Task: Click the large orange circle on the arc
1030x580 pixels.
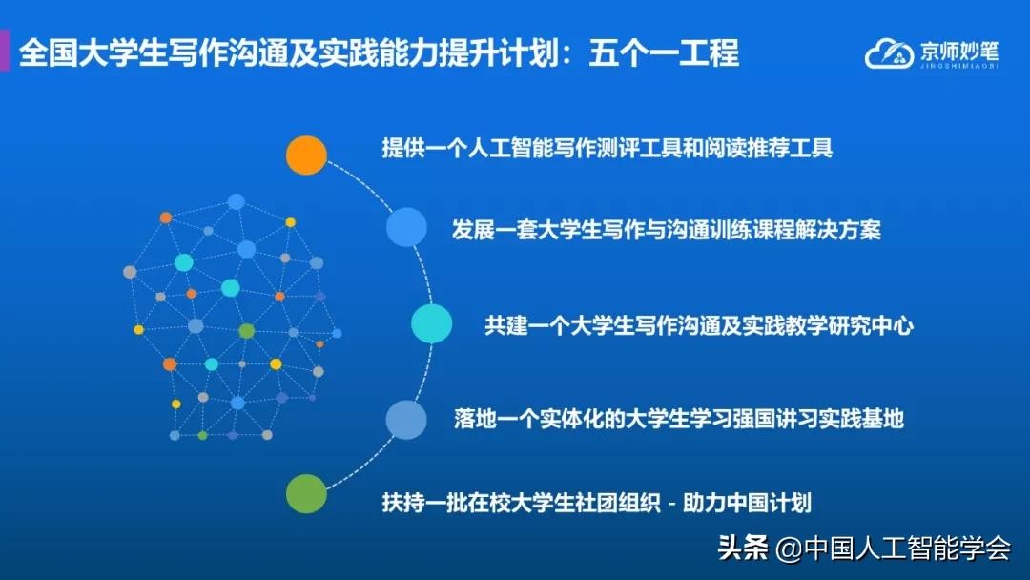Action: point(307,155)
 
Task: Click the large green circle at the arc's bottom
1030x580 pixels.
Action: point(307,493)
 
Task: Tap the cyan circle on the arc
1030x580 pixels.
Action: point(431,324)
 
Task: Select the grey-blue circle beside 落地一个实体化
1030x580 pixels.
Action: point(406,420)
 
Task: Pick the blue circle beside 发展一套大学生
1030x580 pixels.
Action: point(406,227)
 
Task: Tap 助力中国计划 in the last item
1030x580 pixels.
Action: point(753,501)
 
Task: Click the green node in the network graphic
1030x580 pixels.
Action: point(247,331)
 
